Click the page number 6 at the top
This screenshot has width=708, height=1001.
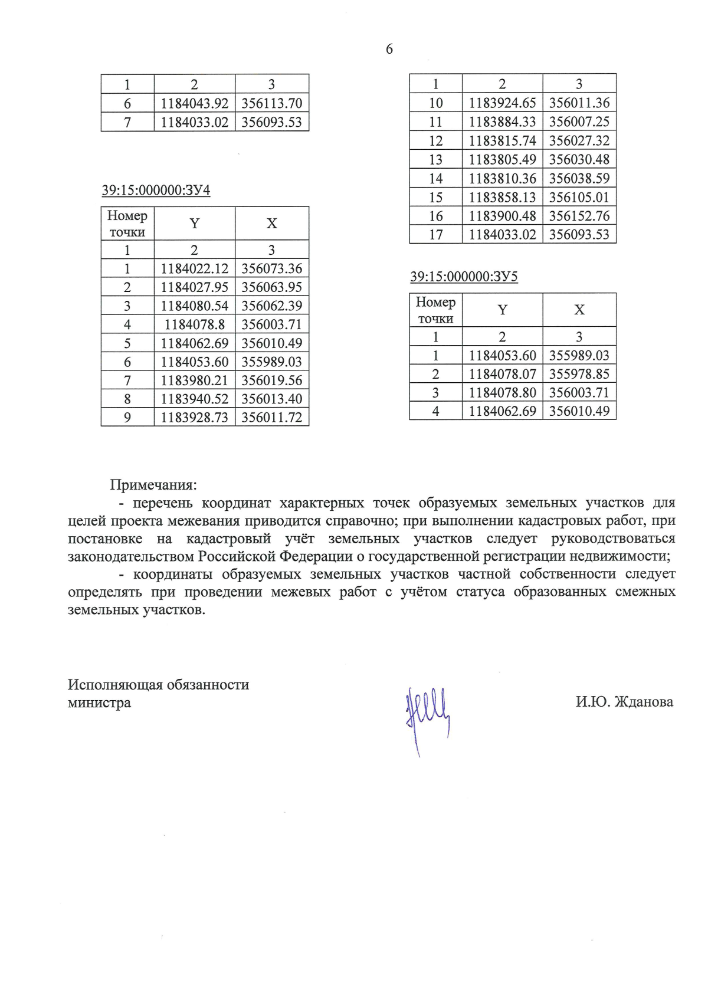(389, 50)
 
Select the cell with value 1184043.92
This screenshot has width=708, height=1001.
(194, 104)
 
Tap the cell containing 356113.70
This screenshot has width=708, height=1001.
(271, 104)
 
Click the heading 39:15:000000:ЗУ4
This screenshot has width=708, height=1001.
(156, 191)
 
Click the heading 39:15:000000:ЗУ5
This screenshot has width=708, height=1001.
(464, 277)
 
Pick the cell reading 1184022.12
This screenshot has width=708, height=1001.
(194, 269)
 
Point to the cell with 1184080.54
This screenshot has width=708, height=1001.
(194, 306)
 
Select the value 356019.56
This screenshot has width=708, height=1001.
(271, 380)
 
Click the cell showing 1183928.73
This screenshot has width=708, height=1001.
(194, 418)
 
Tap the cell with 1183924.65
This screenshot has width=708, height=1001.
(502, 103)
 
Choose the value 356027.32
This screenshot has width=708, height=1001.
(579, 141)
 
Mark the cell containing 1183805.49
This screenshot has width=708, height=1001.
(502, 160)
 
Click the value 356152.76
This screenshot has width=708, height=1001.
(579, 216)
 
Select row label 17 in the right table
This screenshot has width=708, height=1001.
(435, 235)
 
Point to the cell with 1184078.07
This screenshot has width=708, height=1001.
(502, 374)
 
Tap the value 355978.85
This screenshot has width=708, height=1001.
(579, 374)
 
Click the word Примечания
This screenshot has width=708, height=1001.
(153, 485)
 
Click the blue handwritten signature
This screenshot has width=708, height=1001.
(426, 715)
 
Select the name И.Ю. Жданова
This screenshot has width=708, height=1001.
(624, 702)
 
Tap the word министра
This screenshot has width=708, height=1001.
(99, 703)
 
